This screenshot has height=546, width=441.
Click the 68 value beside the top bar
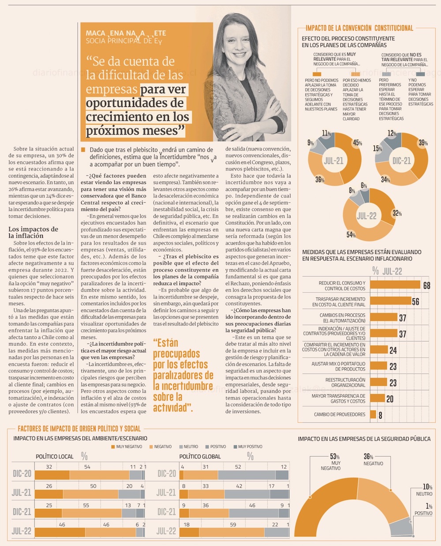pos(426,286)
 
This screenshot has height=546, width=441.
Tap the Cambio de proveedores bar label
pos(340,414)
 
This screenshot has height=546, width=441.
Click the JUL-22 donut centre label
pos(366,216)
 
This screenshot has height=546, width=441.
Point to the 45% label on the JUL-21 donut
pos(357,143)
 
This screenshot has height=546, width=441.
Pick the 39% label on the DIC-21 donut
pos(423,143)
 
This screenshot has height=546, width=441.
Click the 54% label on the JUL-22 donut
pos(351,235)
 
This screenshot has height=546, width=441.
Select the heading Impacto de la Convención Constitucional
pos(359,28)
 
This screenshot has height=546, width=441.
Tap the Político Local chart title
pos(55,456)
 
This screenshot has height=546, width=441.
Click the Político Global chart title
pos(200,456)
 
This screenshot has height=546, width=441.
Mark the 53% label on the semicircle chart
pos(335,456)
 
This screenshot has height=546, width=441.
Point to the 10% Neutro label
pos(427,487)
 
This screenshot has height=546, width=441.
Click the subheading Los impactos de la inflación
pos(33,232)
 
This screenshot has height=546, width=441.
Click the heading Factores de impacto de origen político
pos(79,429)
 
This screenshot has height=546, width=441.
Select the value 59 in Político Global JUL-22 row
pos(233,525)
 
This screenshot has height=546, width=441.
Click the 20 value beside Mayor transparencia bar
pos(390,399)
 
